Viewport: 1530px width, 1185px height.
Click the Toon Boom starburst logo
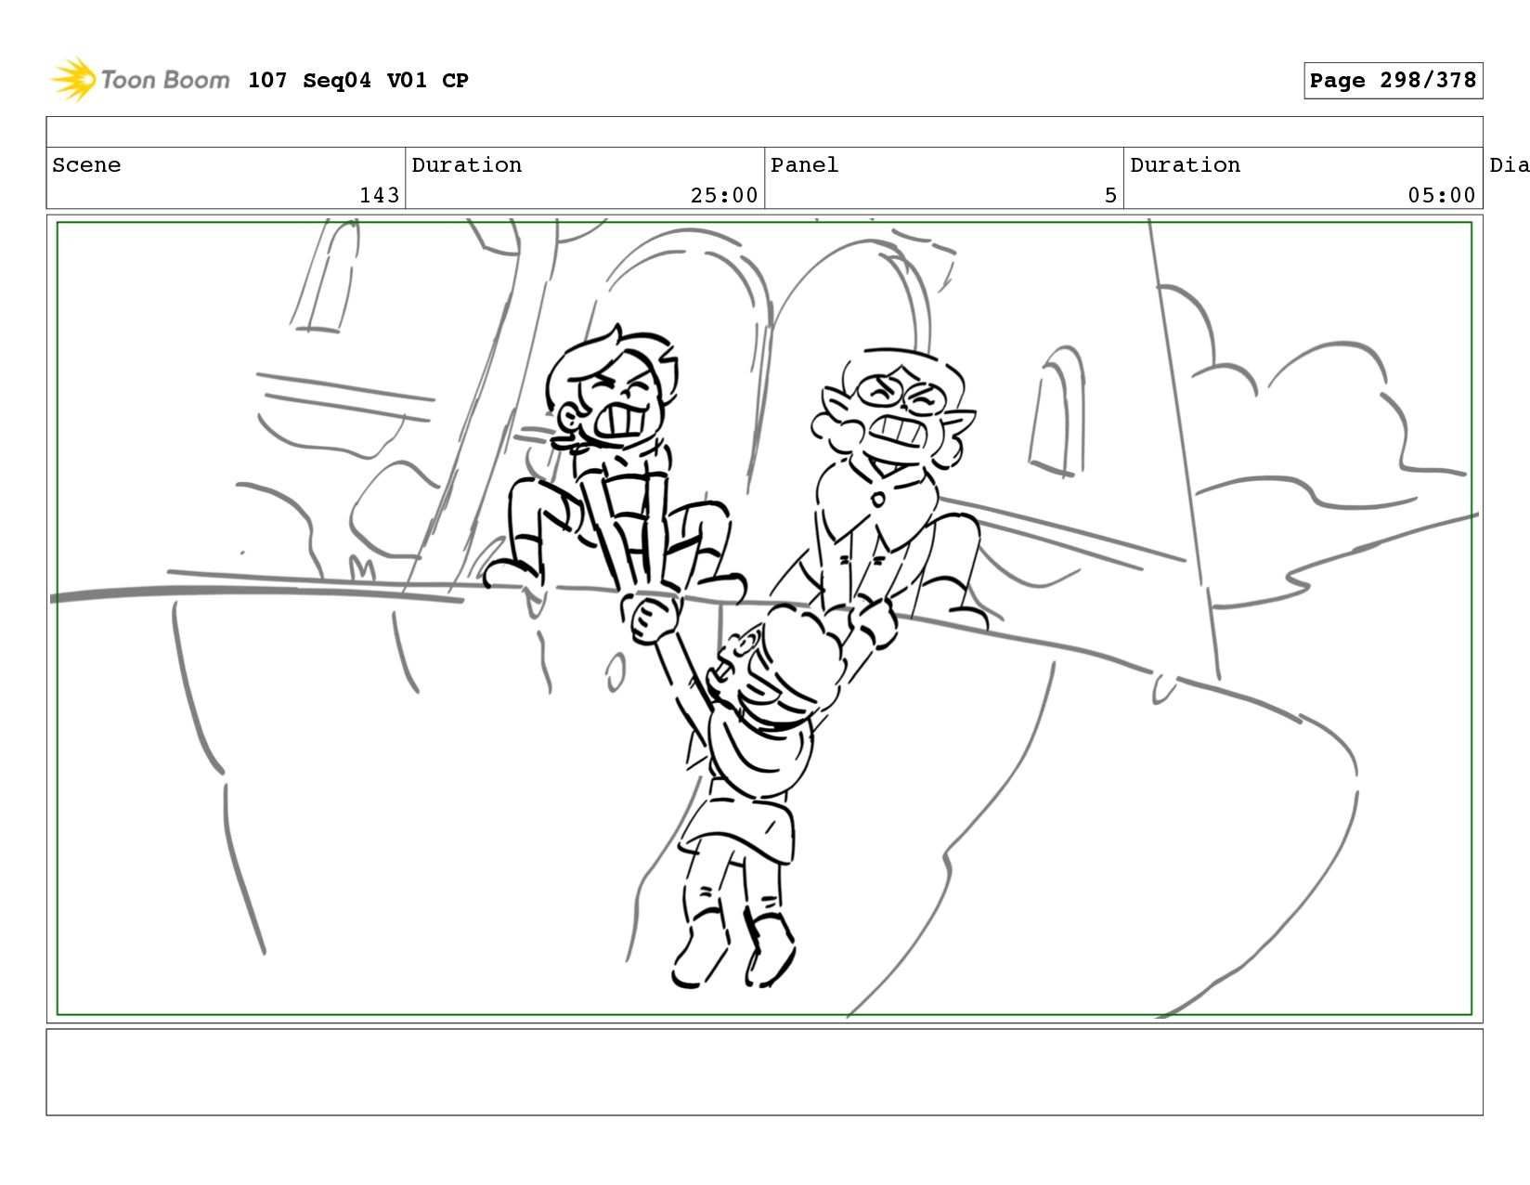pos(73,79)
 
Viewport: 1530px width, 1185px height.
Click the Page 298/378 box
pos(1393,80)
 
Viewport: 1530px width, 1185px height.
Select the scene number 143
pos(380,195)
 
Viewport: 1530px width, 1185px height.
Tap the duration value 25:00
pos(724,195)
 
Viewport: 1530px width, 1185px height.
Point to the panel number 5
pos(1110,195)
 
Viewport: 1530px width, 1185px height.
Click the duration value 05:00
pos(1441,195)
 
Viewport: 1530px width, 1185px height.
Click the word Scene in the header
pos(86,165)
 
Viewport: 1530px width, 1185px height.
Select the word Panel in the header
pos(805,165)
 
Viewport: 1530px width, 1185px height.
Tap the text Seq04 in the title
pos(337,80)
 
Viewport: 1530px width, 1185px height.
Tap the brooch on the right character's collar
pos(878,500)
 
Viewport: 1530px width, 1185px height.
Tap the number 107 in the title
pos(267,80)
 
